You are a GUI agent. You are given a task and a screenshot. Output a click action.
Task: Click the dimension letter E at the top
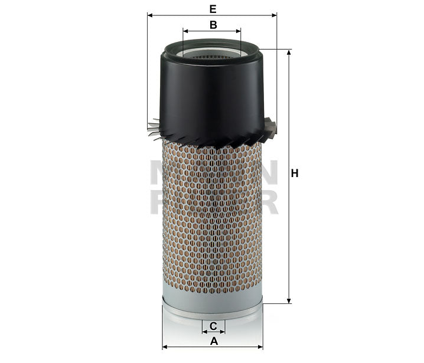point(212,8)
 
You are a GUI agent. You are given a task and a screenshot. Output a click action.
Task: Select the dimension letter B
point(213,24)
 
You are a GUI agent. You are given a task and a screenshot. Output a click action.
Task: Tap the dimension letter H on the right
point(295,174)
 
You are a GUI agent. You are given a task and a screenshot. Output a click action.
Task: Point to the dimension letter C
point(214,326)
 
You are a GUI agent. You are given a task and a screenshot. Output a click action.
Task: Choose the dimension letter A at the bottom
point(214,341)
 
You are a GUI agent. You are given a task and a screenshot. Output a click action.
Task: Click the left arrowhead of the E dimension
point(150,15)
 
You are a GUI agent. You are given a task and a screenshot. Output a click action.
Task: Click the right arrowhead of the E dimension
point(274,15)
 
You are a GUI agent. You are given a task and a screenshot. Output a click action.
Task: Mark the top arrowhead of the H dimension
point(289,53)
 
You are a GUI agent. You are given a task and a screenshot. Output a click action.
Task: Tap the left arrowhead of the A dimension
point(165,347)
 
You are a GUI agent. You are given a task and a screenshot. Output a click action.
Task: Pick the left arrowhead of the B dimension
point(185,31)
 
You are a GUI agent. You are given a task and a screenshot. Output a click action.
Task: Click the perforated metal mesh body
point(213,218)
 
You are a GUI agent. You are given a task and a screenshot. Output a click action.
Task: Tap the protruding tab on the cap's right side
point(271,126)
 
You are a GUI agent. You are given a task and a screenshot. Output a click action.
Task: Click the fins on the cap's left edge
point(154,126)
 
